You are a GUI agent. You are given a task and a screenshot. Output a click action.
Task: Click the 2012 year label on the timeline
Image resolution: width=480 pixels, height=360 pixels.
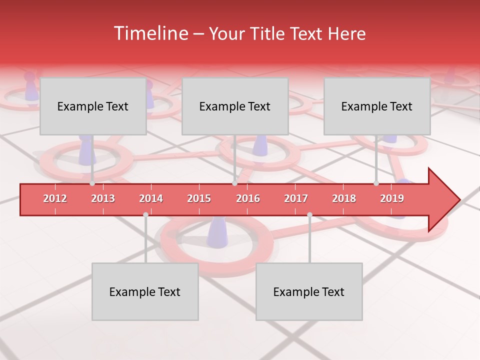(x=55, y=198)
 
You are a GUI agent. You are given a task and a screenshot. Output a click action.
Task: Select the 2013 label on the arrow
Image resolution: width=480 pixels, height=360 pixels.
(x=103, y=198)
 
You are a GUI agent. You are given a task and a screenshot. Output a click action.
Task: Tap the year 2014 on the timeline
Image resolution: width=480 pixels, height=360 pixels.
(x=151, y=198)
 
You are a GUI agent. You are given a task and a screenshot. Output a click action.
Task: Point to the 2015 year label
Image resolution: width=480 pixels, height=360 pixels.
(x=199, y=198)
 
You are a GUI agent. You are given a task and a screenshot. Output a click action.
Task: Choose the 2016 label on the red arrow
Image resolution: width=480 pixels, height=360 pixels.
(x=248, y=198)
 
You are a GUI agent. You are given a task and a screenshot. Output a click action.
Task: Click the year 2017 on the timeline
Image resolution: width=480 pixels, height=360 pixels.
(x=296, y=198)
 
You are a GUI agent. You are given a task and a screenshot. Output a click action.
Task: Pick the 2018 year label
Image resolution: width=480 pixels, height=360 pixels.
(x=344, y=198)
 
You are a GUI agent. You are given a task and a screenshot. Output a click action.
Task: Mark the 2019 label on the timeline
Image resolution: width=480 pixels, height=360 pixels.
(x=392, y=198)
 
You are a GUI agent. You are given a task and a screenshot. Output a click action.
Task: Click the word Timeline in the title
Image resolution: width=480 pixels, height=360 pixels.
(x=150, y=33)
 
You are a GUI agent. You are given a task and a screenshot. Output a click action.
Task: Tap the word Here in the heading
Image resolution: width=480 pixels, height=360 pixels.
(x=346, y=34)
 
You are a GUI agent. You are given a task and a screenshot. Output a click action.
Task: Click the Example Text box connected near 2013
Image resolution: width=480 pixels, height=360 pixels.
(x=93, y=106)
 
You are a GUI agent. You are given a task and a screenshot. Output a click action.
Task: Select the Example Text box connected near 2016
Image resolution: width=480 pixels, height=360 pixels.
(x=235, y=106)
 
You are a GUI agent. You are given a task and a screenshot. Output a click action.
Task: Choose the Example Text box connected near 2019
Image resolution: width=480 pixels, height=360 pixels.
(x=377, y=106)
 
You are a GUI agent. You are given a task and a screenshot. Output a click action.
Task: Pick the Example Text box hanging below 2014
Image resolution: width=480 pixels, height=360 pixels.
(x=145, y=291)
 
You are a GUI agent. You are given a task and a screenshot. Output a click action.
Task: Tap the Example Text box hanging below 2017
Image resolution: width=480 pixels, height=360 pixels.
(x=309, y=291)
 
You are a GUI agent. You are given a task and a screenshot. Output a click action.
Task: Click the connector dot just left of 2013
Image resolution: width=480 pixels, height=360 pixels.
(x=92, y=183)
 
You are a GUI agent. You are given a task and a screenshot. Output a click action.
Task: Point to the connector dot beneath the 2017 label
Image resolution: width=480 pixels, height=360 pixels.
(x=309, y=214)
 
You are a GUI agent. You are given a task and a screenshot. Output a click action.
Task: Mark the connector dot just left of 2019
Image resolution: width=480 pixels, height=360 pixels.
(x=376, y=183)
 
